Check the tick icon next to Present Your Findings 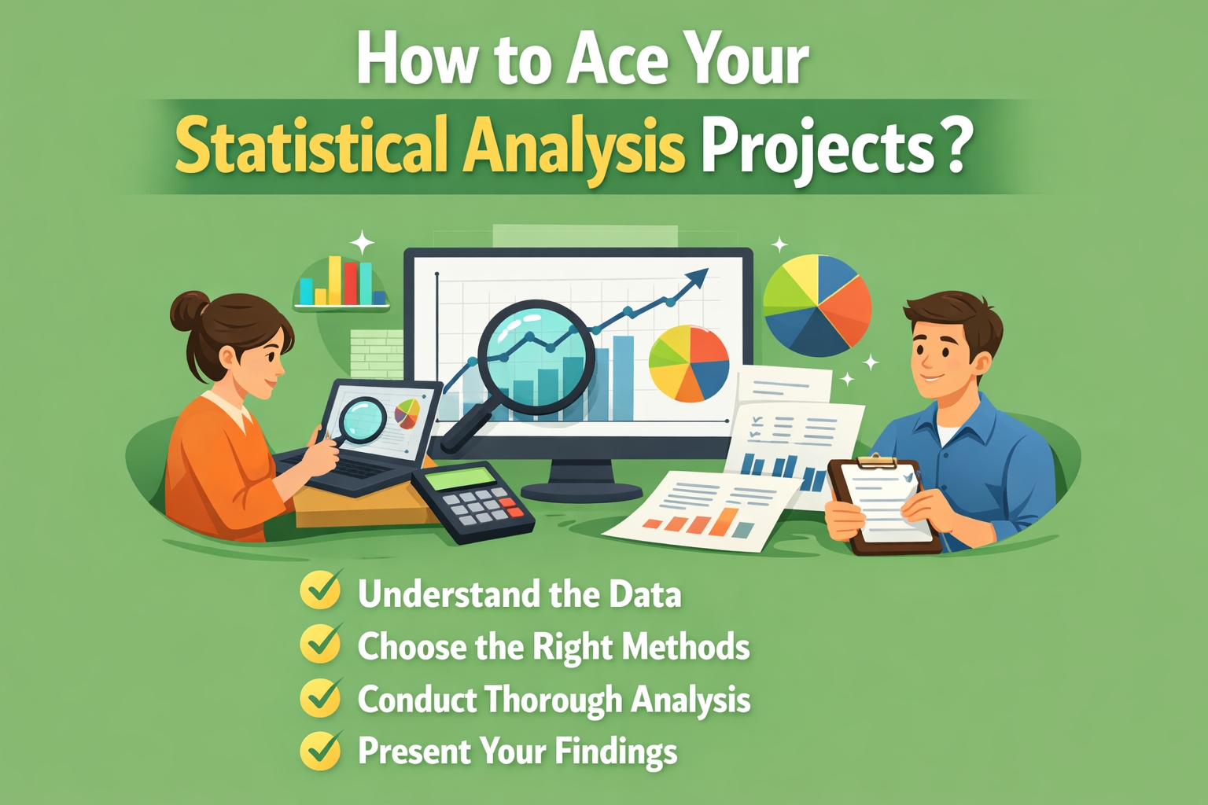322,749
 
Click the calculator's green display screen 463,478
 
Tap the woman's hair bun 188,311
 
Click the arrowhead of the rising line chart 698,278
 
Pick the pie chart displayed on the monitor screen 688,363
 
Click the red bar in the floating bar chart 351,283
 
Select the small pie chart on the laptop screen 407,414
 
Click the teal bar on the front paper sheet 744,530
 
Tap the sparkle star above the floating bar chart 363,242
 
